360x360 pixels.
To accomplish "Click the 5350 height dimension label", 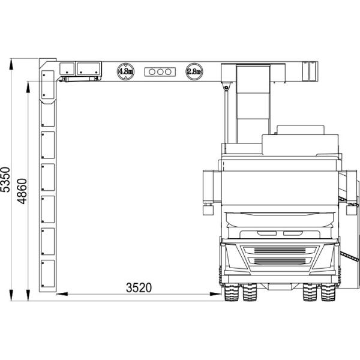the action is pos(5,179).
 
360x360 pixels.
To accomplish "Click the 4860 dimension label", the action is pos(22,191).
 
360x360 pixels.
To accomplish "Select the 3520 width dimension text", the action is pos(139,287).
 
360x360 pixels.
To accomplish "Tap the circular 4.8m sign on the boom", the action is pos(125,71).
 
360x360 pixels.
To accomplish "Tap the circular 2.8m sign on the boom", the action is pos(194,71).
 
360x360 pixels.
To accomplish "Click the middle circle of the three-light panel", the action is pos(160,72).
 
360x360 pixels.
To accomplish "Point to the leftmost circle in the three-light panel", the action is pos(152,72).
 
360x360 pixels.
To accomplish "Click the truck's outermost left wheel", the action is pos(232,292).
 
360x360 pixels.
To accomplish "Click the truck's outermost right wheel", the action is pos(328,292).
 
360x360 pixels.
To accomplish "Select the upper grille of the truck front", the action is pos(280,250).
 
